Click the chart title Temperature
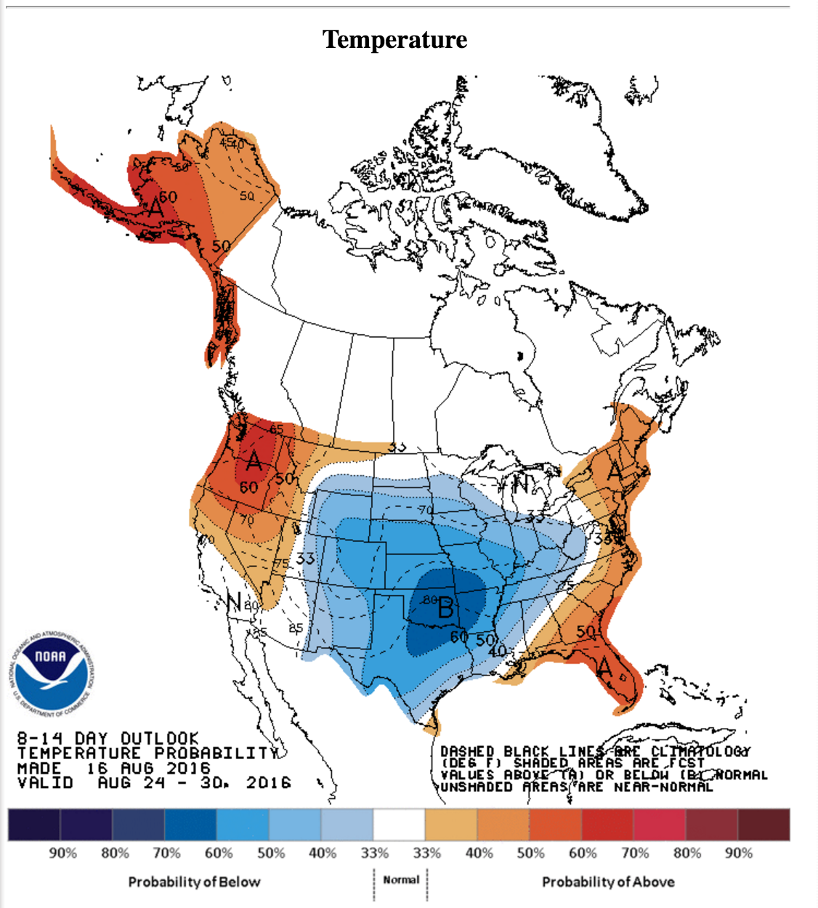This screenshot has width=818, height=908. click(x=394, y=39)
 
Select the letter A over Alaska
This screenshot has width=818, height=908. click(x=155, y=206)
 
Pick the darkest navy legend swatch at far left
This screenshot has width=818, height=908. click(x=34, y=824)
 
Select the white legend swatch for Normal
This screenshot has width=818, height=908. click(x=399, y=824)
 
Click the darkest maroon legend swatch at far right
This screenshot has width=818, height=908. click(x=764, y=824)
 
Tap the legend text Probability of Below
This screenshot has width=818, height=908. click(x=194, y=882)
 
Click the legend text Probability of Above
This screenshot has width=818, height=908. click(x=608, y=882)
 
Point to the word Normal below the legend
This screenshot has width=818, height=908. click(x=401, y=880)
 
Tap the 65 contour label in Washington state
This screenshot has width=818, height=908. click(x=277, y=429)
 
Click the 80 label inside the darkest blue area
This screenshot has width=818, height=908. click(x=429, y=600)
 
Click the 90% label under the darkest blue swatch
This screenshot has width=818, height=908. click(x=63, y=853)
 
